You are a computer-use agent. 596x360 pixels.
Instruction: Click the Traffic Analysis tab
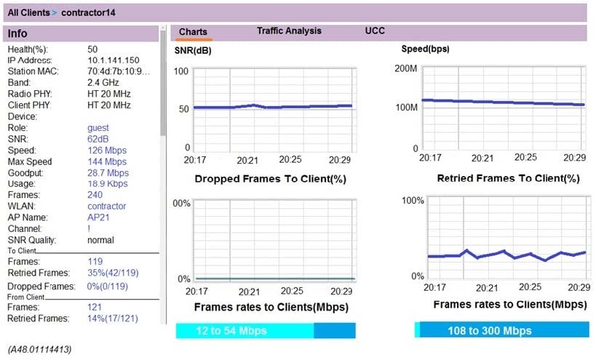(289, 31)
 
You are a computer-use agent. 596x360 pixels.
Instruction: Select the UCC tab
(375, 31)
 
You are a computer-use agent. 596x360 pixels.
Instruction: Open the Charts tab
(193, 32)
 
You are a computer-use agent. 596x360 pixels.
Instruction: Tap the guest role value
(98, 128)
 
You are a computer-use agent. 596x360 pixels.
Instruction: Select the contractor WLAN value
(106, 207)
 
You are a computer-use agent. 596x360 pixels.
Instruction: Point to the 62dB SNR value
(99, 139)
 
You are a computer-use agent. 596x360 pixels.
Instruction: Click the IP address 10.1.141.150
(114, 60)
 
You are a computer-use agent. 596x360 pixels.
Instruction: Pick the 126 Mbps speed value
(106, 151)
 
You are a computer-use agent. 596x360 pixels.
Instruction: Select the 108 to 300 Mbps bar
(500, 331)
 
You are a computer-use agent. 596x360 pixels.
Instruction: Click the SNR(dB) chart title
(193, 51)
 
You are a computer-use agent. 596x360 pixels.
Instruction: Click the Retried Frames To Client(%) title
(508, 178)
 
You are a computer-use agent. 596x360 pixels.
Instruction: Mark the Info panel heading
(18, 33)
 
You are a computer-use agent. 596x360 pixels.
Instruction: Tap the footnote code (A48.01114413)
(40, 350)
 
